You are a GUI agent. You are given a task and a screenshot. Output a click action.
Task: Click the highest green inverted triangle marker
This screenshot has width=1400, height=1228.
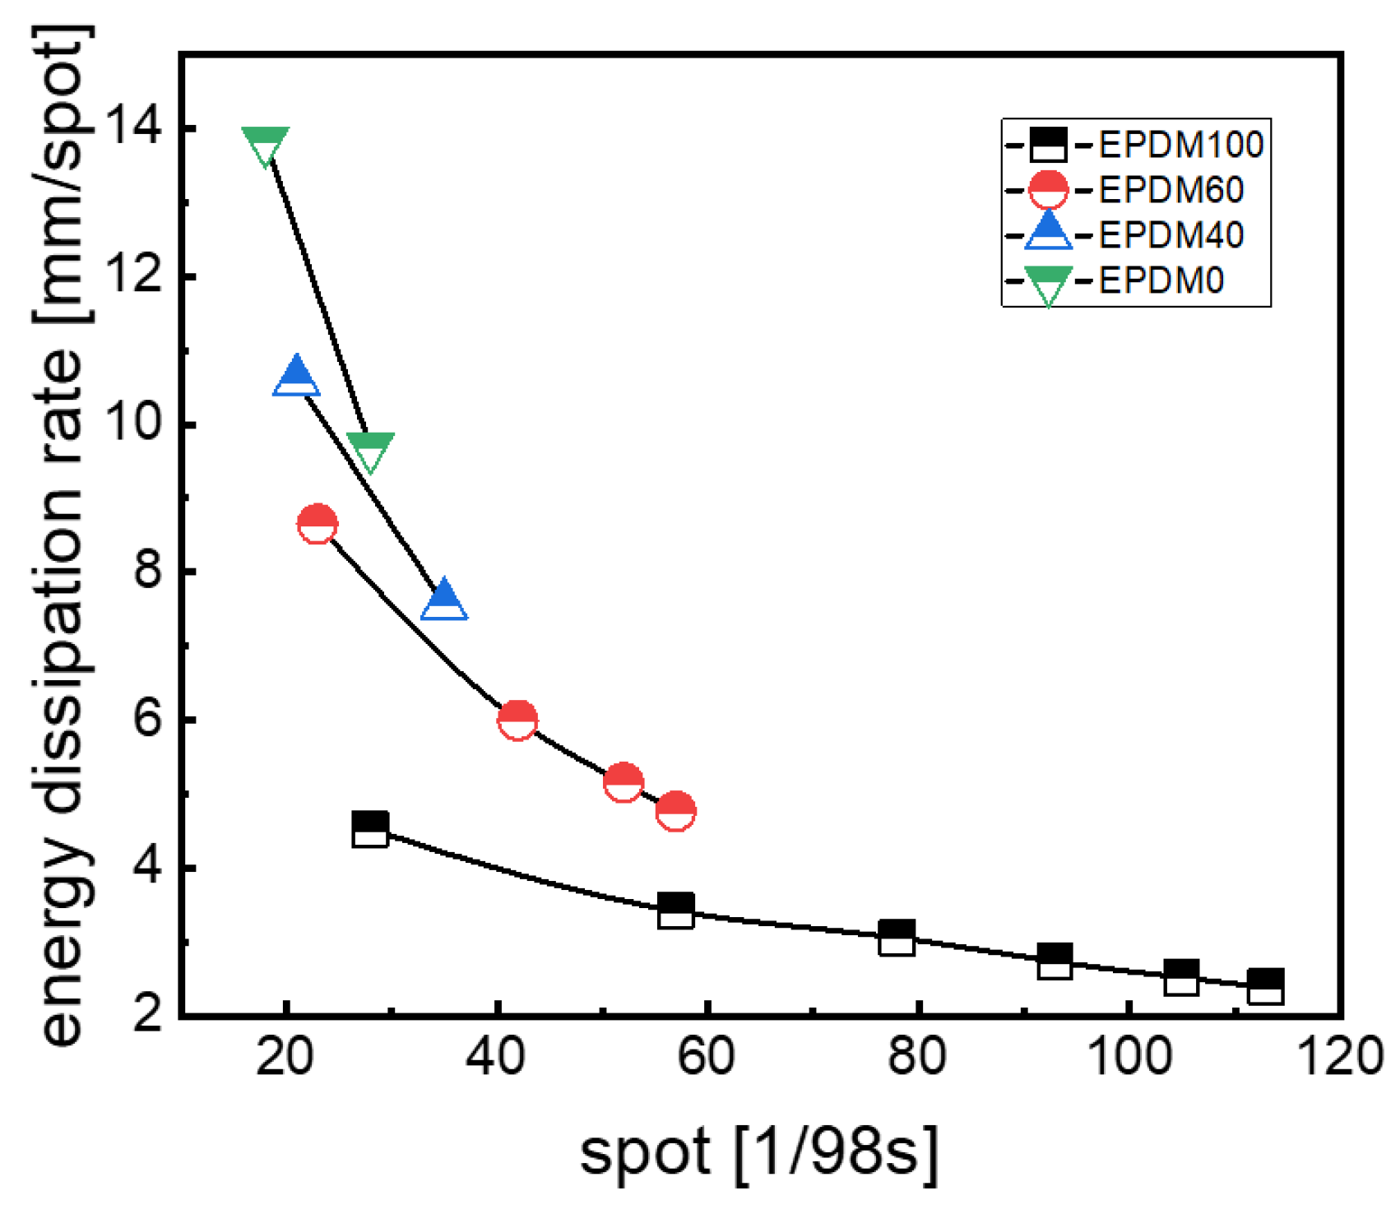pyautogui.click(x=265, y=145)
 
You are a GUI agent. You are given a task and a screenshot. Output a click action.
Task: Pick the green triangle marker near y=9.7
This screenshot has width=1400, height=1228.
pyautogui.click(x=370, y=451)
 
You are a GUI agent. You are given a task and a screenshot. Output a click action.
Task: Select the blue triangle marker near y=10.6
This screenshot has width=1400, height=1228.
pyautogui.click(x=296, y=377)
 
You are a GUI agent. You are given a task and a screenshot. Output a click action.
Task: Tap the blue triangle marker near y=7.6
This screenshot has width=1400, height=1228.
pyautogui.click(x=444, y=600)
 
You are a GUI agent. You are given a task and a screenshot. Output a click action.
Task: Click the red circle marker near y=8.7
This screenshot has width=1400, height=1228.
pyautogui.click(x=318, y=524)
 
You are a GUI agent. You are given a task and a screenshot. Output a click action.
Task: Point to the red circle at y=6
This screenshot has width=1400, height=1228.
pyautogui.click(x=517, y=721)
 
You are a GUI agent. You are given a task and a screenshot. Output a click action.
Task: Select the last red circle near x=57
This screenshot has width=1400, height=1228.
pyautogui.click(x=675, y=811)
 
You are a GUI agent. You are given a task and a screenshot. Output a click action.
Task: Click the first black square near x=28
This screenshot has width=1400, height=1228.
pyautogui.click(x=370, y=829)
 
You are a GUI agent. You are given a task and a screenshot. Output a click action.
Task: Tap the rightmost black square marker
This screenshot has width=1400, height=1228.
pyautogui.click(x=1265, y=987)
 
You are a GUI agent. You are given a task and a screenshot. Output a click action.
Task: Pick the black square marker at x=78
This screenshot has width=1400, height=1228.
pyautogui.click(x=897, y=938)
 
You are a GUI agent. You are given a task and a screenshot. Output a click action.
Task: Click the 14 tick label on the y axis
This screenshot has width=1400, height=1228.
pyautogui.click(x=133, y=129)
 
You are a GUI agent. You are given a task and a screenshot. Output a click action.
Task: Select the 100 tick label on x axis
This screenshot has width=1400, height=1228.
pyautogui.click(x=1129, y=1056)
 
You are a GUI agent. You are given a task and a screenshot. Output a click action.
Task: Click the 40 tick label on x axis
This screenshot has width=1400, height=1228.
pyautogui.click(x=496, y=1056)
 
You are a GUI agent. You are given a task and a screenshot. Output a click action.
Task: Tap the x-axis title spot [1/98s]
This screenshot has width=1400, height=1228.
pyautogui.click(x=758, y=1152)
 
